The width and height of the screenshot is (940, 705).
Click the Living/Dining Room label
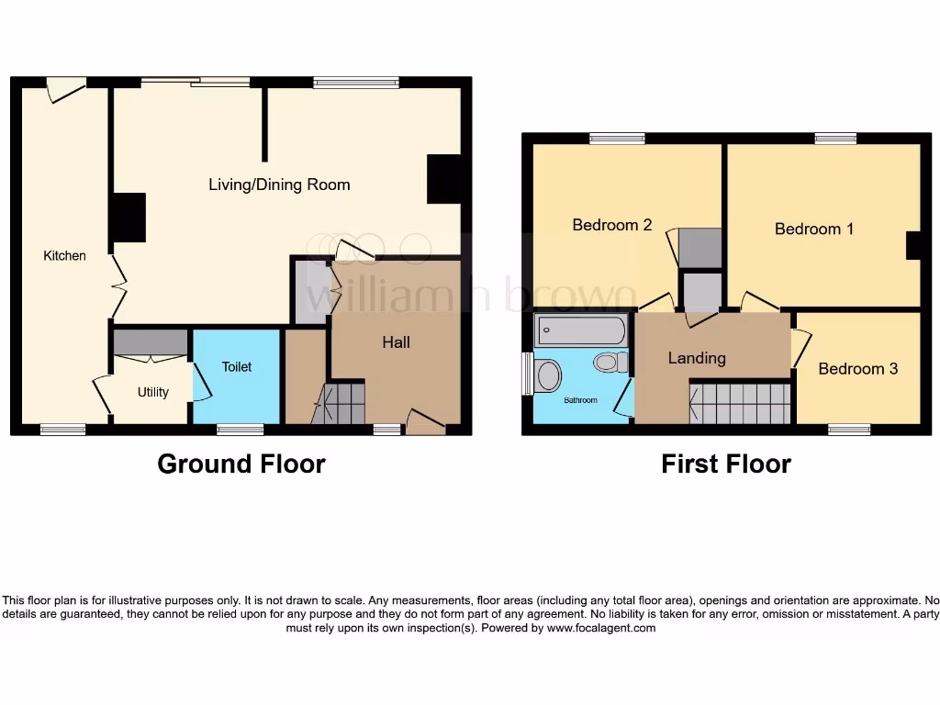click(x=279, y=185)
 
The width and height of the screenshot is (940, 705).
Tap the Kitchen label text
click(x=64, y=256)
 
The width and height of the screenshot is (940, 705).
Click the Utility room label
click(x=152, y=392)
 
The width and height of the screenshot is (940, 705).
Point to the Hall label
click(x=396, y=342)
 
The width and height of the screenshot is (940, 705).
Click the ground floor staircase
click(x=340, y=404)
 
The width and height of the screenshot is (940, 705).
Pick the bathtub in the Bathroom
click(x=581, y=329)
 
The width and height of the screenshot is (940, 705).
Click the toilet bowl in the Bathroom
click(x=607, y=363)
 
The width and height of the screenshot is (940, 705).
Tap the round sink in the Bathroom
click(x=549, y=375)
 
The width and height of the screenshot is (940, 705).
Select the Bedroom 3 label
click(x=857, y=369)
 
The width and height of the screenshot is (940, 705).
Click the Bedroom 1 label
click(x=813, y=229)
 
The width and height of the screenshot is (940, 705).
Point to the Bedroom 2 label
click(x=611, y=225)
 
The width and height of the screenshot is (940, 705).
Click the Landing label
click(x=697, y=358)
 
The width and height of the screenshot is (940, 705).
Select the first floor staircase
click(x=740, y=404)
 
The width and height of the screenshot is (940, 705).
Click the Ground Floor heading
click(x=241, y=464)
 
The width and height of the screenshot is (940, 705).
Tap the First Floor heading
click(x=725, y=464)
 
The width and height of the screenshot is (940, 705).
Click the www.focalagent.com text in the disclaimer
click(x=601, y=629)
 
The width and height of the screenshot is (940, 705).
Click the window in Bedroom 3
click(x=849, y=429)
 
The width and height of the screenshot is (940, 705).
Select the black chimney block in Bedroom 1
click(x=913, y=246)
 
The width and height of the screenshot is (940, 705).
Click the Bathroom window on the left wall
click(x=527, y=374)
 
